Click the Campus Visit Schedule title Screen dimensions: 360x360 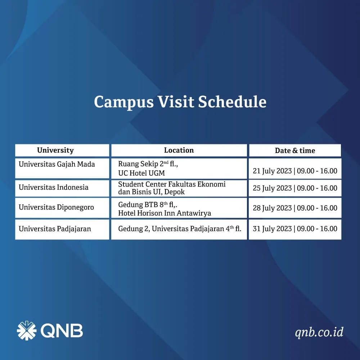(180, 102)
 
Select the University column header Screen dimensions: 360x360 (55, 150)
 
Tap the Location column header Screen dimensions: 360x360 (179, 150)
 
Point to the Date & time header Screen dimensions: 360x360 (295, 150)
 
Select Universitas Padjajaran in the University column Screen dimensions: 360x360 (55, 229)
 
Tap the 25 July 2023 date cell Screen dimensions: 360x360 (295, 188)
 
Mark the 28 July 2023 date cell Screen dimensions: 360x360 (295, 208)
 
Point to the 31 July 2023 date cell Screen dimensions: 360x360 (295, 229)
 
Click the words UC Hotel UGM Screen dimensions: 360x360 (141, 173)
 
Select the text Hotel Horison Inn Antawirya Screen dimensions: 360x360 (165, 213)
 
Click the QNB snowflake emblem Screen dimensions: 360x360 (27, 330)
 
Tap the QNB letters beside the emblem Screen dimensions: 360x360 (62, 331)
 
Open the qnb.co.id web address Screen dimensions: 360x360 (319, 332)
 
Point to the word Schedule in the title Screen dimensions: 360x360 (232, 102)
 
